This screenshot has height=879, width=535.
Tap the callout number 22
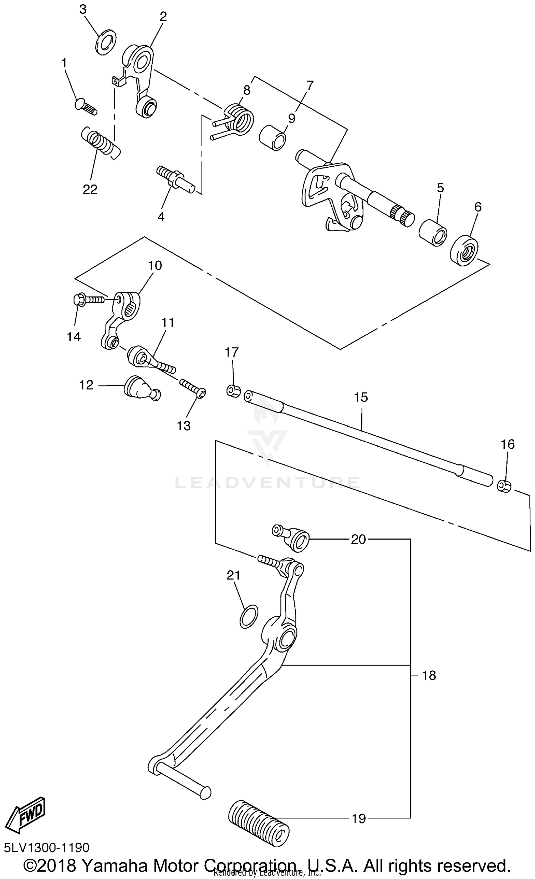90,189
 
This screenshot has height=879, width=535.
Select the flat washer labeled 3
106,42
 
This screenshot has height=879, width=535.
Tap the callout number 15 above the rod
361,397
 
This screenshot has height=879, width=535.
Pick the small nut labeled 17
233,390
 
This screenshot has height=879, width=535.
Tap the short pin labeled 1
85,106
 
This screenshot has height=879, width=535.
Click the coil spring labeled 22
101,143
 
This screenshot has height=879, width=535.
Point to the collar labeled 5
433,233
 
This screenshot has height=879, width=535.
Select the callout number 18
429,675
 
